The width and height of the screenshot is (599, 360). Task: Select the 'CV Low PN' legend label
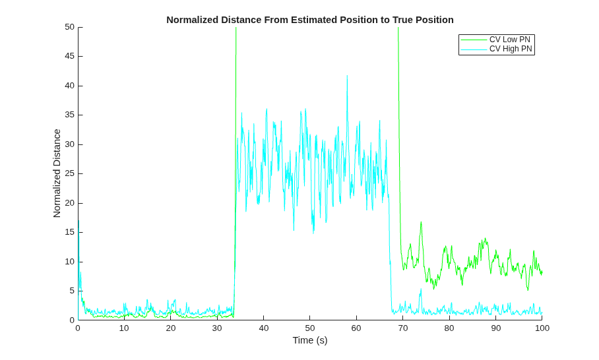(x=509, y=40)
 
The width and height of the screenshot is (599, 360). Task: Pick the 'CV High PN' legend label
(x=511, y=49)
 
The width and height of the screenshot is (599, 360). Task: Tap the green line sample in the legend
(x=474, y=40)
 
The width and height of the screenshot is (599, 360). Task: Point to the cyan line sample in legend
(x=474, y=49)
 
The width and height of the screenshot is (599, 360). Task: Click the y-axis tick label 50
(x=69, y=27)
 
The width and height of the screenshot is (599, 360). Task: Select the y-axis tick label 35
(x=69, y=115)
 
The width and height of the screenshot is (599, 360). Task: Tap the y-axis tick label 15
(x=69, y=232)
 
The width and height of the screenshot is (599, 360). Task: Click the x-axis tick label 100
(x=542, y=328)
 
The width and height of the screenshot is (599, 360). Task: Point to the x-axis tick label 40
(x=264, y=328)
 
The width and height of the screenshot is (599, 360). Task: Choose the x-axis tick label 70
(x=403, y=328)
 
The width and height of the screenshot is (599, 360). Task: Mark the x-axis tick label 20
(x=171, y=328)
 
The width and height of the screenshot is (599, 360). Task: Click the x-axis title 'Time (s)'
(x=310, y=340)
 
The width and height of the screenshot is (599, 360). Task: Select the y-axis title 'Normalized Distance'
(x=57, y=173)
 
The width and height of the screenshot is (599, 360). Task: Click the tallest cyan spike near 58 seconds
(x=347, y=76)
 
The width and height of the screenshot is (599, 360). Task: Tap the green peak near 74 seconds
(x=421, y=222)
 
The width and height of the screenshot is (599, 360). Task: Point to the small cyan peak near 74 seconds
(x=421, y=289)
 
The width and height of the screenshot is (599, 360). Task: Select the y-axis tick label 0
(x=72, y=320)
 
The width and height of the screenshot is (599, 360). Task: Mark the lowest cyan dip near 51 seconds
(x=313, y=233)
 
